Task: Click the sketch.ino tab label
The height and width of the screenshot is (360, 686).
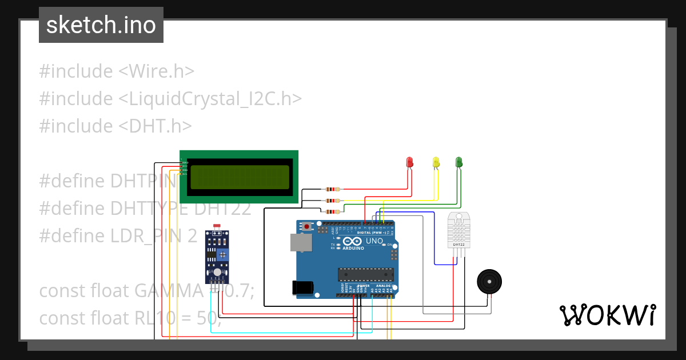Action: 101,25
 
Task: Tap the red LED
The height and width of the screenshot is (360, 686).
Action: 409,162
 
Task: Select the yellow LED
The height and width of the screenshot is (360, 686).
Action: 436,162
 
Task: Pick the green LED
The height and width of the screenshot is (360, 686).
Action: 458,162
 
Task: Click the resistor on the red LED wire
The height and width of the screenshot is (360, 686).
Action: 332,189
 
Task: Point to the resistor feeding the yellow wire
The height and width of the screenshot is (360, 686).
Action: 332,201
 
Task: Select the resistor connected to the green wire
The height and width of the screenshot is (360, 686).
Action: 332,211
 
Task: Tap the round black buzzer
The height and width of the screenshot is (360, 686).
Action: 490,282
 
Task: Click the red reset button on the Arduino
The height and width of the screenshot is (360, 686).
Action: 308,227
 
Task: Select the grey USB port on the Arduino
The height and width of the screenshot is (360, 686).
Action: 301,242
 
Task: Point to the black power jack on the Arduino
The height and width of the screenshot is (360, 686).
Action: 303,287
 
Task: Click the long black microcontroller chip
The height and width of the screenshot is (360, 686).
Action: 365,275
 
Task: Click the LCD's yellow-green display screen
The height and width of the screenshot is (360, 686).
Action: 240,177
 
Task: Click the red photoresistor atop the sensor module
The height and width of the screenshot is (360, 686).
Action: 217,227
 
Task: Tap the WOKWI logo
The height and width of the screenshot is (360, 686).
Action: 607,315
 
